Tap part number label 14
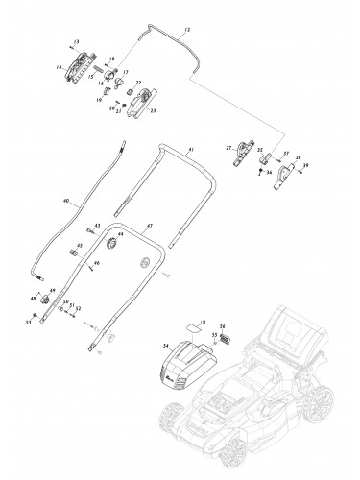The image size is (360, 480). click(60, 67)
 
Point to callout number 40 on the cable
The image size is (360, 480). click(65, 202)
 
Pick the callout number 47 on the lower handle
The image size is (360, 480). click(150, 226)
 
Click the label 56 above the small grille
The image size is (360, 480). click(222, 326)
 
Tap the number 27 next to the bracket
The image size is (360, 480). click(228, 148)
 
